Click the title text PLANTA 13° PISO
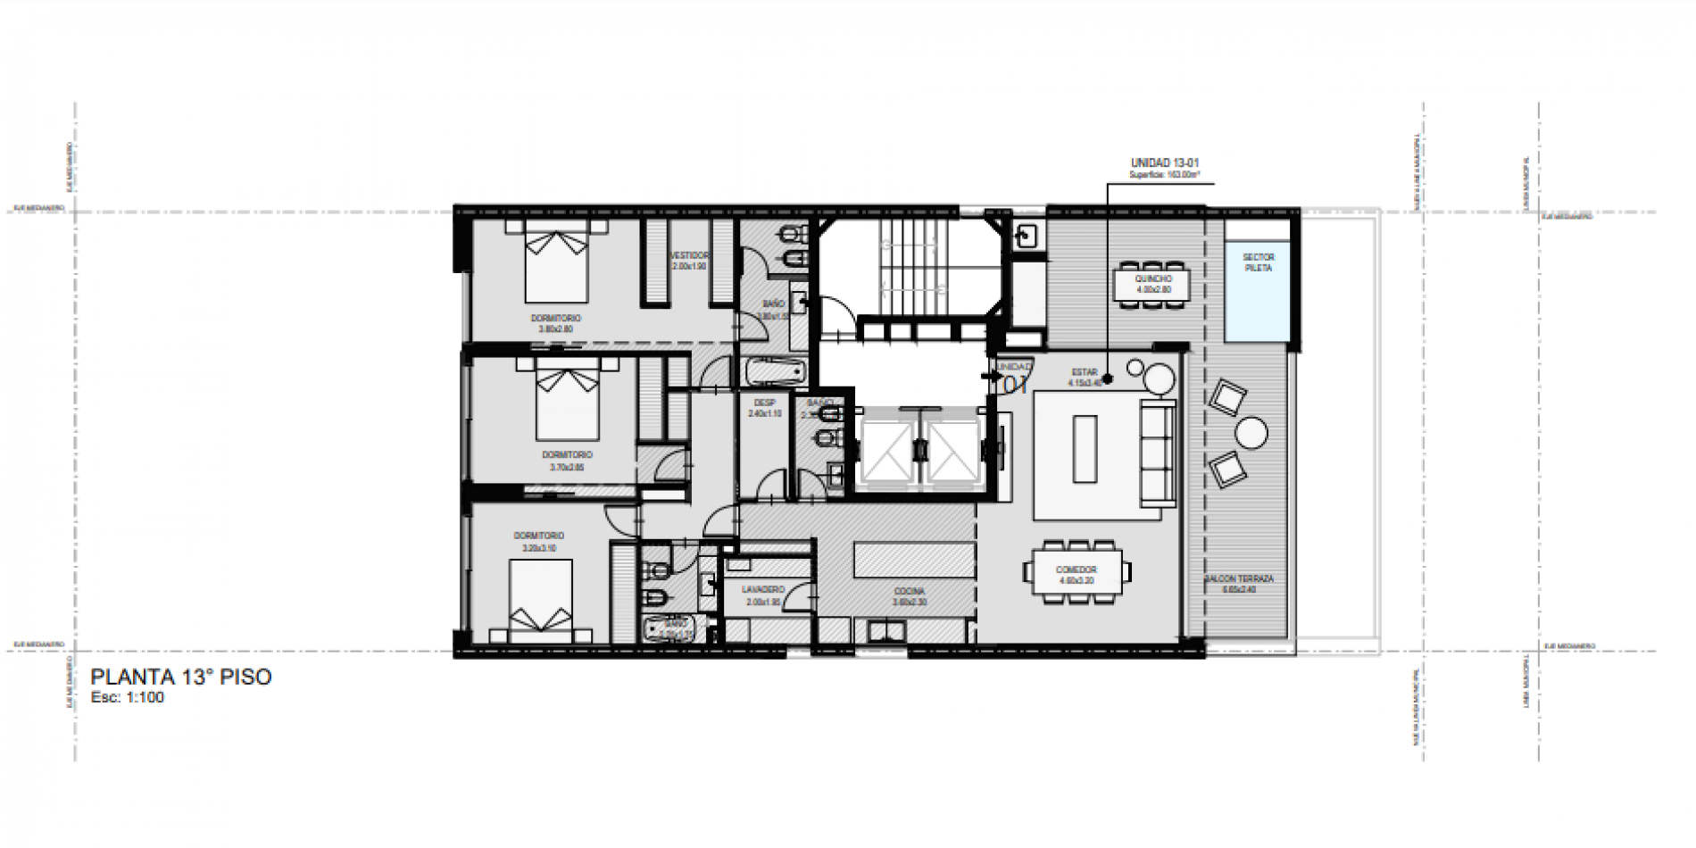tap(181, 678)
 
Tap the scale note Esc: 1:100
tap(128, 698)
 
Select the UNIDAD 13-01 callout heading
tap(1164, 163)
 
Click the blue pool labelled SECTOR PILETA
tap(1258, 290)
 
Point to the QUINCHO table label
tap(1153, 279)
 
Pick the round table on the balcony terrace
tap(1251, 435)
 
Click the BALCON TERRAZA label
tap(1240, 579)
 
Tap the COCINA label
tap(910, 592)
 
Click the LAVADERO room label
tap(762, 590)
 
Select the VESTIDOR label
tap(689, 255)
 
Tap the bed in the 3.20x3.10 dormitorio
tap(541, 599)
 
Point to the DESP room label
tap(764, 403)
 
